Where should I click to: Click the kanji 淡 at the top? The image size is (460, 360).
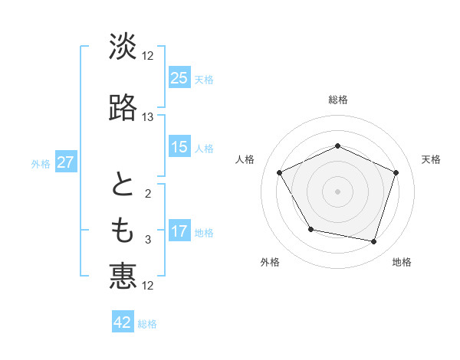point(123,47)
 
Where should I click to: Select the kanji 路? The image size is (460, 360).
point(123,108)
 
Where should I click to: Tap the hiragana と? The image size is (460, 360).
point(123,185)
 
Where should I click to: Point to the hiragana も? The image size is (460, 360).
point(123,229)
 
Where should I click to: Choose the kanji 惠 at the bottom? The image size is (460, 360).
point(123,276)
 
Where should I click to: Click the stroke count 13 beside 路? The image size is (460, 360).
point(148,117)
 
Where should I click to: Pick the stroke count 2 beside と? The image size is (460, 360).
point(148,195)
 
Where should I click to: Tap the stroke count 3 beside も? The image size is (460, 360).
point(148,240)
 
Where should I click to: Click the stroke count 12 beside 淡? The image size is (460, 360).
point(148,56)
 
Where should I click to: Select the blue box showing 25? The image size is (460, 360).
point(179,78)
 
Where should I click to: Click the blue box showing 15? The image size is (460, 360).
point(179,147)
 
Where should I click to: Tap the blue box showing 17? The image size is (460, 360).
point(179,231)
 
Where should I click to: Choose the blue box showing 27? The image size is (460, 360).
point(66,162)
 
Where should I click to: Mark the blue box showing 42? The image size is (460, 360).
point(123,322)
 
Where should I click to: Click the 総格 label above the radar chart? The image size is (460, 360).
point(337,100)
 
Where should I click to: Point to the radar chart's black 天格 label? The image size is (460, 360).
point(432,159)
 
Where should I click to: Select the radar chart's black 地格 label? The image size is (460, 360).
point(402,262)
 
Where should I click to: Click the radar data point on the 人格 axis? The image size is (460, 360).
point(280,173)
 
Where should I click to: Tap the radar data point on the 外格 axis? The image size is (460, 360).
point(310,229)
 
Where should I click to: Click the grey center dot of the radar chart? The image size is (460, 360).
point(337,191)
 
